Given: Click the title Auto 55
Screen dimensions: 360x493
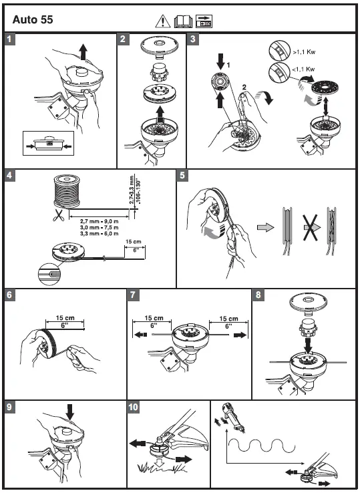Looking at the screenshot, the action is coord(33,20).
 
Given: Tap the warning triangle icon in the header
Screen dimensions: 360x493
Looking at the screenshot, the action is coord(162,21).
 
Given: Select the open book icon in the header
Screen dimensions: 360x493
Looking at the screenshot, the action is coord(183,21).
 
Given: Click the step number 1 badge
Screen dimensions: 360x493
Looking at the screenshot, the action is coord(9,39).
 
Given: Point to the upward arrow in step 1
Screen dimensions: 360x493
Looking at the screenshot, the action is coord(83,51).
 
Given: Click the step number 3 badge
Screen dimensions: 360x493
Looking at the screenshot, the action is coord(192,39).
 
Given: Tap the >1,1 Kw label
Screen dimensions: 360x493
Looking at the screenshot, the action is coord(304,52).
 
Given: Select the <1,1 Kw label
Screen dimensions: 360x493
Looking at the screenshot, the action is coord(303,69).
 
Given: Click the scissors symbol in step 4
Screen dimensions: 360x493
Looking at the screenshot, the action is coord(58,215).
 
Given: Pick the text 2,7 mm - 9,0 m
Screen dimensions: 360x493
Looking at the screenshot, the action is coord(99,221).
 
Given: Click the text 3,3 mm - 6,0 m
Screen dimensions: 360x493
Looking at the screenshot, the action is coord(99,234).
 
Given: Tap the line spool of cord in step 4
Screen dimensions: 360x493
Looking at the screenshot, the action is coord(67,192).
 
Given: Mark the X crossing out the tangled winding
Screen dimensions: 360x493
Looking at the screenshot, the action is coord(310,228).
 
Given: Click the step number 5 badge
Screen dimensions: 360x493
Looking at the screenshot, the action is coord(182,176).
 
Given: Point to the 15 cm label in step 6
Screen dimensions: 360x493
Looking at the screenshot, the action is coord(65,318).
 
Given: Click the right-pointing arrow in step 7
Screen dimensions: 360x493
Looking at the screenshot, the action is coord(241,335).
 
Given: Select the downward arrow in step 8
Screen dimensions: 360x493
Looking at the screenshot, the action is coord(309,345).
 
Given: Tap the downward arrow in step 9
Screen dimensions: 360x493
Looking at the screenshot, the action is coord(70,412).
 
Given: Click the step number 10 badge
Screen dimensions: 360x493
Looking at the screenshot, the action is coord(134,407).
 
